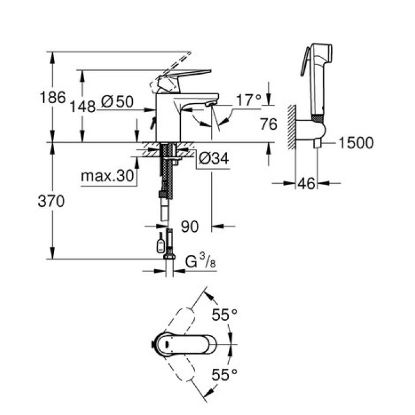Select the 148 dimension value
click(x=82, y=107)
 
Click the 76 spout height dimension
click(x=269, y=124)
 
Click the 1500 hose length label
click(x=356, y=143)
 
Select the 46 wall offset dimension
click(x=306, y=184)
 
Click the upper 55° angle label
click(x=225, y=315)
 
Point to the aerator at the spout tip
click(x=209, y=105)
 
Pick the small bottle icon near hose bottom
click(x=159, y=245)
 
